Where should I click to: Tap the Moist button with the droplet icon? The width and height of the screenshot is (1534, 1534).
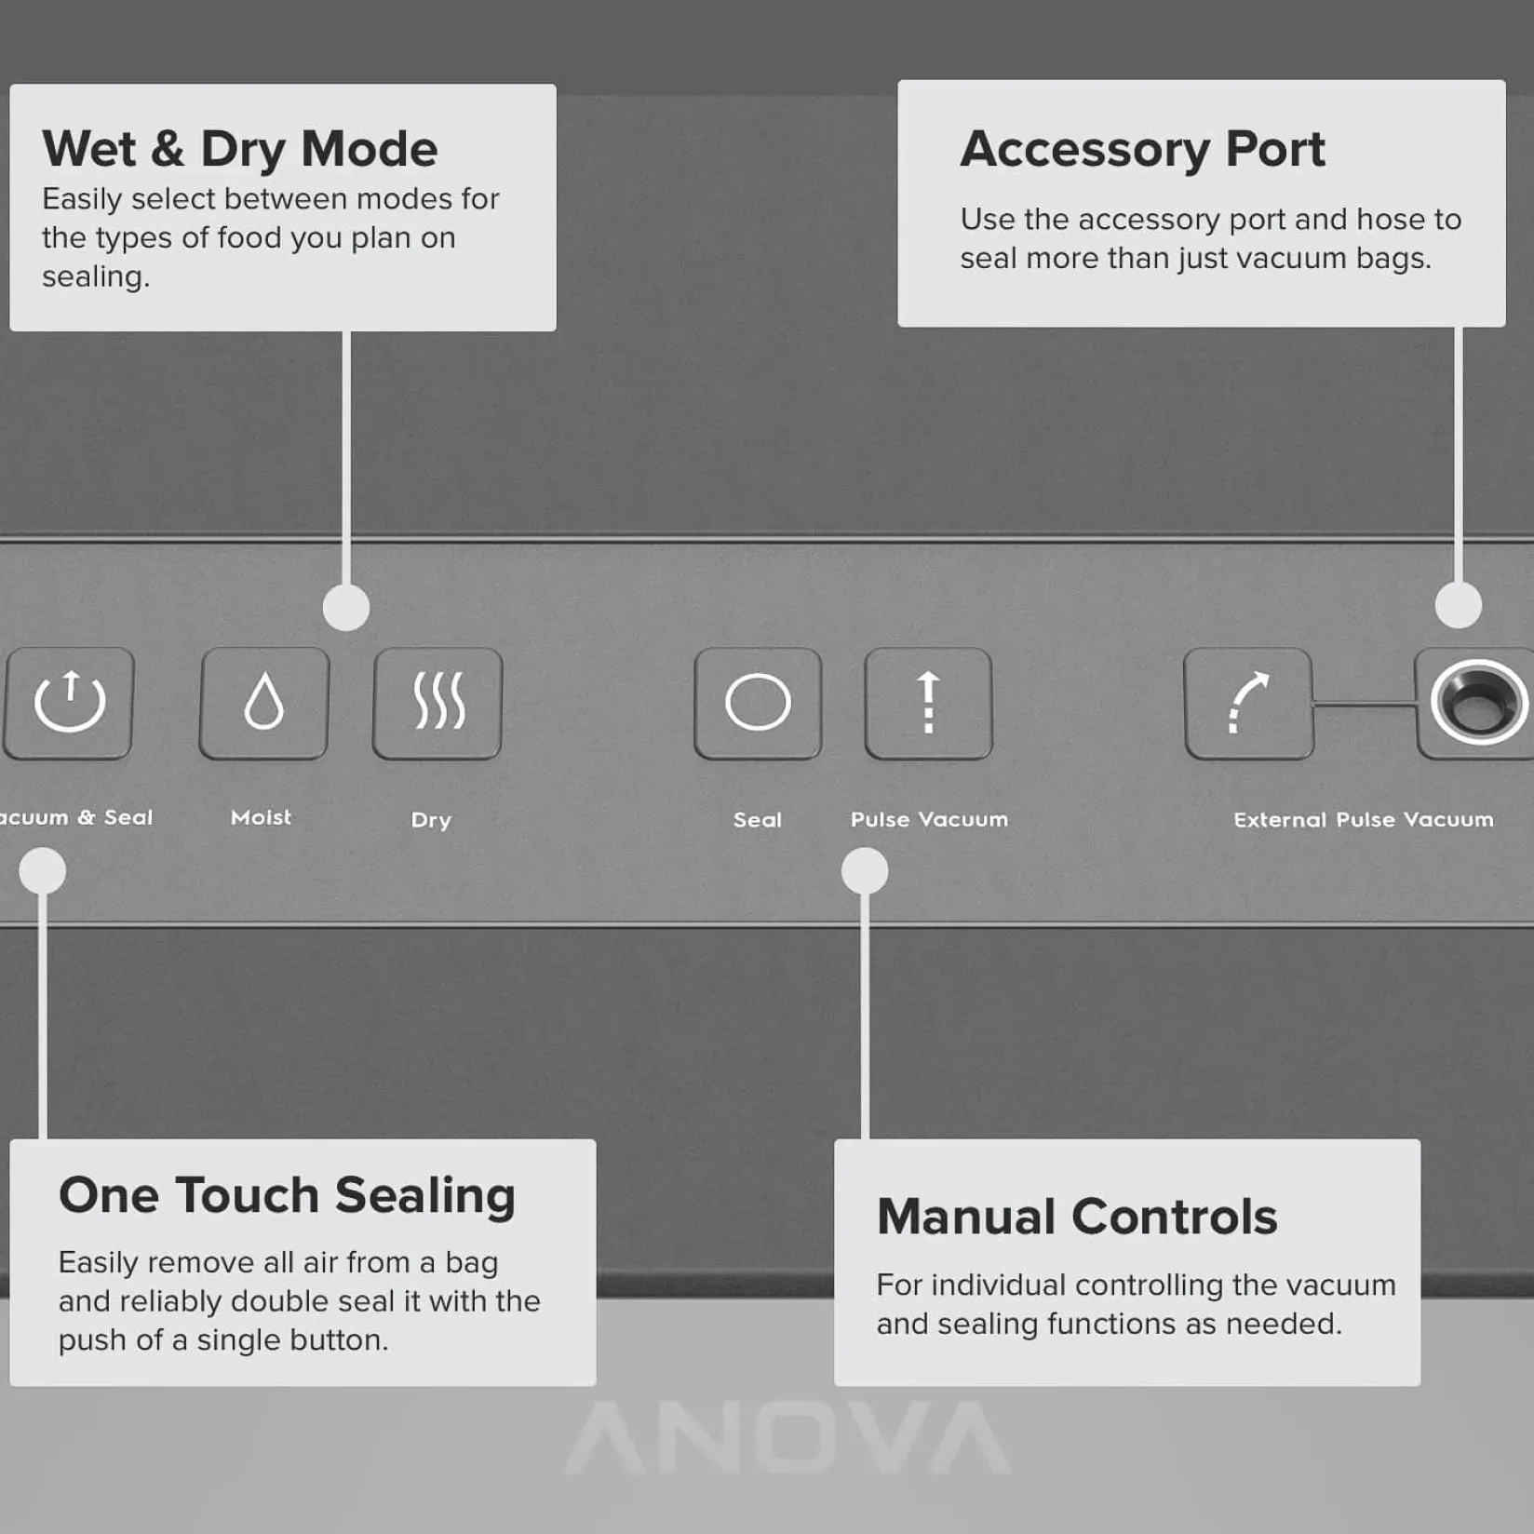point(264,703)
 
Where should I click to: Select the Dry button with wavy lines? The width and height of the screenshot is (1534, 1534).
point(437,703)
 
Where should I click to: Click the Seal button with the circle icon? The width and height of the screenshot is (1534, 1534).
point(758,703)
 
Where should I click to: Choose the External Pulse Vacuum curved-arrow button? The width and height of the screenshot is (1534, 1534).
point(1248,703)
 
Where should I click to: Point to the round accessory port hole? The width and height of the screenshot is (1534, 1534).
point(1478,702)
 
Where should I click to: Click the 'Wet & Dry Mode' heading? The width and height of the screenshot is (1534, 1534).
point(240,150)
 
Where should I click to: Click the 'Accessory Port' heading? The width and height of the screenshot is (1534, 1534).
point(1143,149)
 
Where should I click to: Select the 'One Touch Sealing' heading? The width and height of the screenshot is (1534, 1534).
point(287,1196)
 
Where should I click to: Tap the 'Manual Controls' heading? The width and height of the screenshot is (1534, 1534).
point(1077,1217)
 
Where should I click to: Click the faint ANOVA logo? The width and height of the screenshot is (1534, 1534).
point(787,1438)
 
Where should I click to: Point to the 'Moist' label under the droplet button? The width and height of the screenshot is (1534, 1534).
point(261,817)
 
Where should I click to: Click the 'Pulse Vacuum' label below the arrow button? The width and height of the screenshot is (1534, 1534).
point(929,819)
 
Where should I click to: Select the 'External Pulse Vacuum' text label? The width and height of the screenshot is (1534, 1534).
point(1364,819)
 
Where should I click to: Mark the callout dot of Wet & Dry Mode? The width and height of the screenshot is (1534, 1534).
point(346,608)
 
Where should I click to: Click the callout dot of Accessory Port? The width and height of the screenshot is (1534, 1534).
point(1459,606)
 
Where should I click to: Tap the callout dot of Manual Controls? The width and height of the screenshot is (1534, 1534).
point(865,871)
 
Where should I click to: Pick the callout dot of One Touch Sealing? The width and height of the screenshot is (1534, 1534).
point(43,871)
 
